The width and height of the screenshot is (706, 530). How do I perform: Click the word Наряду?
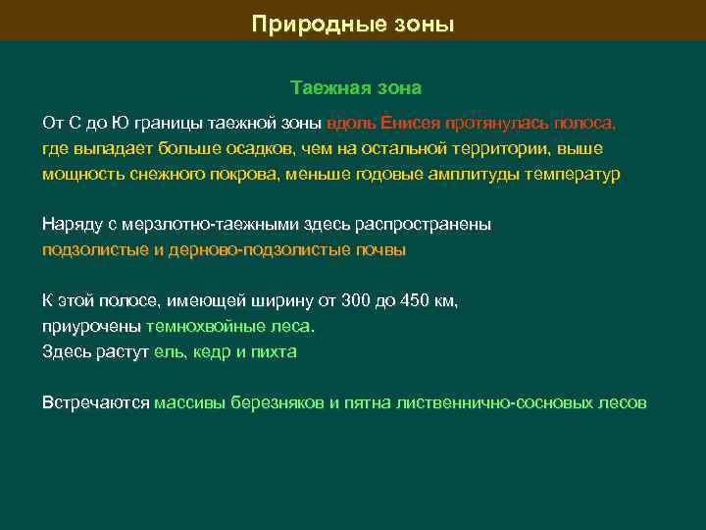(69, 225)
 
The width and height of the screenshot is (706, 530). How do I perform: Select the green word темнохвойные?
(201, 326)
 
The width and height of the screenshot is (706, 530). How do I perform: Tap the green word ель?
(168, 351)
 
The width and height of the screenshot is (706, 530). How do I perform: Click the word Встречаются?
(96, 402)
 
